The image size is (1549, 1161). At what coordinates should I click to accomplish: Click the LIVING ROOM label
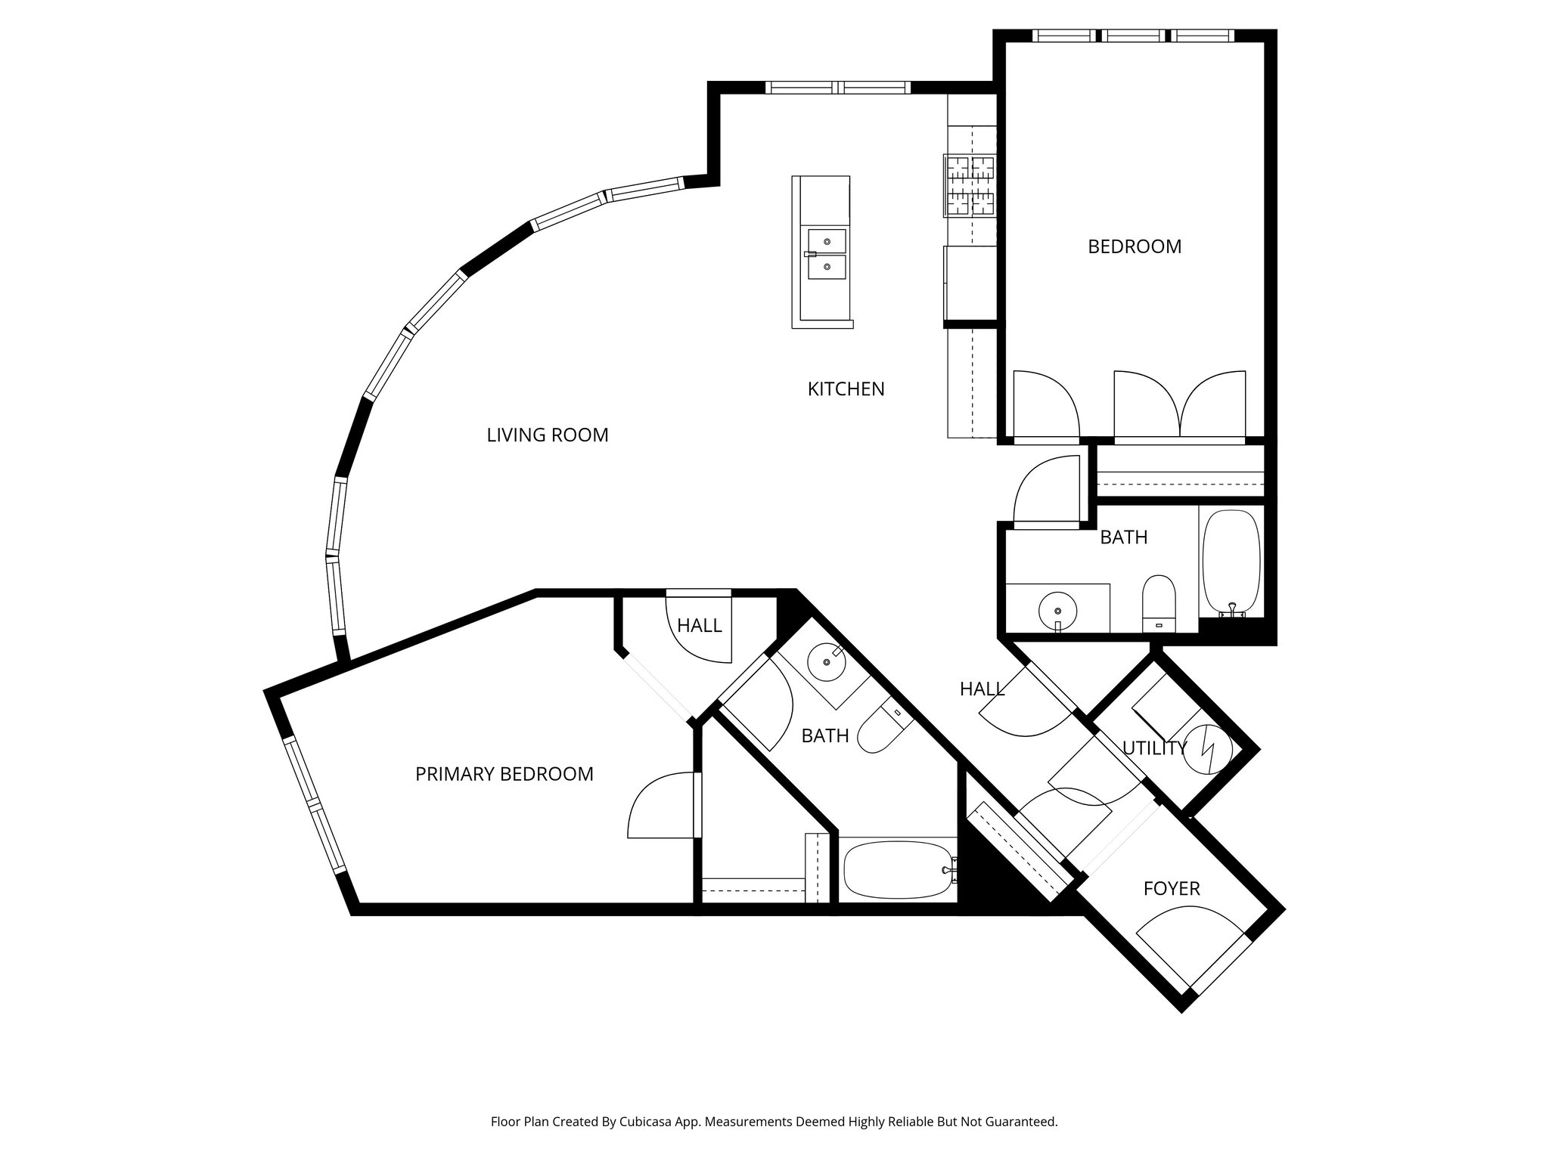(x=547, y=435)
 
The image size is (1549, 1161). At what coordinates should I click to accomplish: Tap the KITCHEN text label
(x=846, y=389)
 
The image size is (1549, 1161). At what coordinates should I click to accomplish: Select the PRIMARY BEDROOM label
(x=504, y=774)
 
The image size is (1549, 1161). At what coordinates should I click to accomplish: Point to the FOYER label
(x=1171, y=889)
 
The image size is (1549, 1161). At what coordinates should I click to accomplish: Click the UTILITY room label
(x=1153, y=748)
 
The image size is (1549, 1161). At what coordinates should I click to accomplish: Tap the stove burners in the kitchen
(x=970, y=186)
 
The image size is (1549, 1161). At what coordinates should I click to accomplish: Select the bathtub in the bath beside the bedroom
(x=1231, y=563)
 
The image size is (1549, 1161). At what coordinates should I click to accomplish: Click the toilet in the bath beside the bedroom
(x=1158, y=602)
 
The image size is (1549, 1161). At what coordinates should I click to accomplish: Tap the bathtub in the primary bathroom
(x=898, y=869)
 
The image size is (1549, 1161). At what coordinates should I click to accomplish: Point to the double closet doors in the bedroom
(x=1180, y=404)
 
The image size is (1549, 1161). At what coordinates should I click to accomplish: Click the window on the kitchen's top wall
(x=837, y=88)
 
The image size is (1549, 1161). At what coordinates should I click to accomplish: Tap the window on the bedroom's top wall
(x=1133, y=36)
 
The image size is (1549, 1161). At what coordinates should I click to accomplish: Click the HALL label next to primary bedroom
(x=699, y=626)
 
